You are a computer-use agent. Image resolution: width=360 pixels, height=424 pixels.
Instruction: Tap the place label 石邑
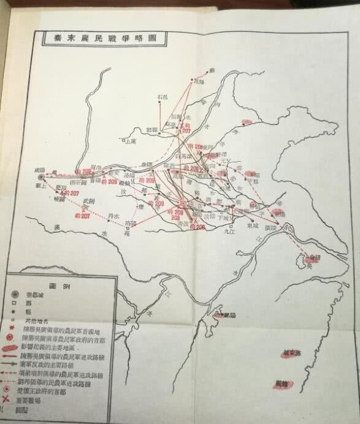pos(161,96)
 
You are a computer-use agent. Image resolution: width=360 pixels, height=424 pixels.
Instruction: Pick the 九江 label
pos(229,232)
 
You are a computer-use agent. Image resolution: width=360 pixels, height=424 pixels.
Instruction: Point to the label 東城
pos(251,224)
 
